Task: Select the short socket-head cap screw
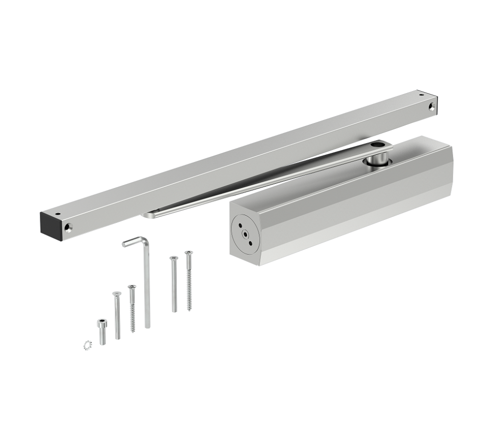(102, 332)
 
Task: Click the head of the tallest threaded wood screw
(188, 253)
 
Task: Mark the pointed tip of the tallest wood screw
(189, 309)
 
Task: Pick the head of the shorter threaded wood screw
(131, 288)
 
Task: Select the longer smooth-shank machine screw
(173, 284)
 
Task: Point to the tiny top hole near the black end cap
(57, 214)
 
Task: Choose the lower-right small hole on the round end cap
(249, 242)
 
